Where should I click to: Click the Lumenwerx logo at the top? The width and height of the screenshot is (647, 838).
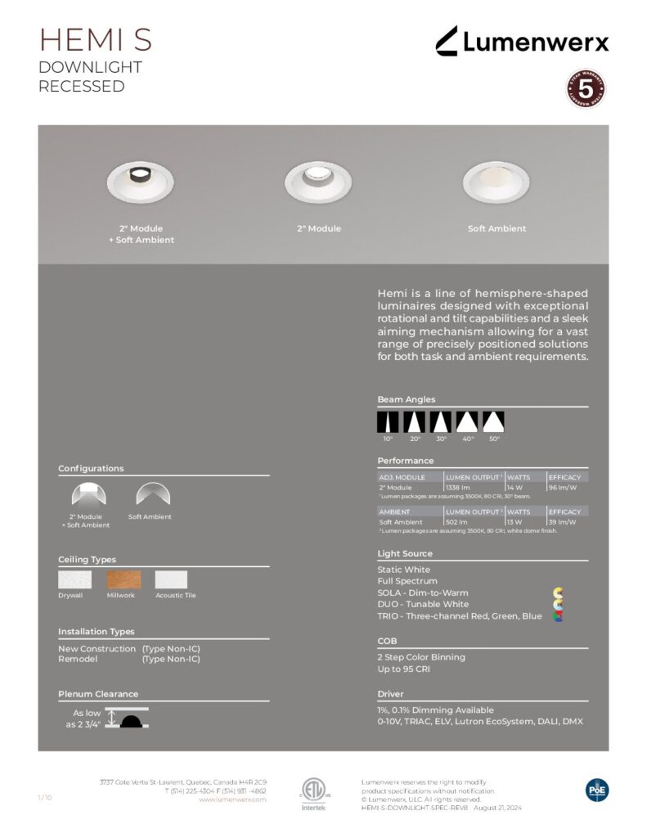tap(521, 40)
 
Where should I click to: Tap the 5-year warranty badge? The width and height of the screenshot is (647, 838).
tap(586, 88)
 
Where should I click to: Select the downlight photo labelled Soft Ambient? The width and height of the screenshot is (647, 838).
tap(496, 182)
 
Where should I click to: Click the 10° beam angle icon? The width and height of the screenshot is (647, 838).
tap(388, 421)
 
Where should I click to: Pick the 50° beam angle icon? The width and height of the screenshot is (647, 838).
tap(493, 421)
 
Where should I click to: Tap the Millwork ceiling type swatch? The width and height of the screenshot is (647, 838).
tap(124, 579)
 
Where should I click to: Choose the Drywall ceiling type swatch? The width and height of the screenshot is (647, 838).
tap(74, 579)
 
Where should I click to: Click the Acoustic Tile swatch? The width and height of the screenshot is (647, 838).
tap(171, 579)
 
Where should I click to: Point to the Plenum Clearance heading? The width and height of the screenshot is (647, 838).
tap(98, 694)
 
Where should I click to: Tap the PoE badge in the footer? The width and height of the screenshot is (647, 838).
tap(597, 790)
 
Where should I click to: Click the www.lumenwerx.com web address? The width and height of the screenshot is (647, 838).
tap(232, 800)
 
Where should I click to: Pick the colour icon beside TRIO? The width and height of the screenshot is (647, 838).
tap(559, 616)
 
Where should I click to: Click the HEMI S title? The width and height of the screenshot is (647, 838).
tap(95, 40)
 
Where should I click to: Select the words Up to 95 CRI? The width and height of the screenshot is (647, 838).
tap(403, 669)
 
